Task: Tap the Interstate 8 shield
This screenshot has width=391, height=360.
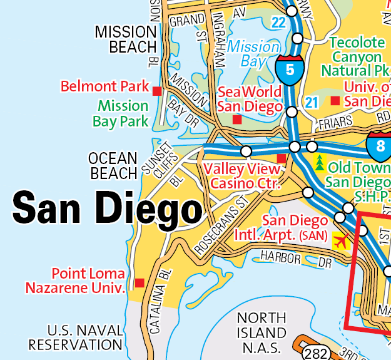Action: coord(380,144)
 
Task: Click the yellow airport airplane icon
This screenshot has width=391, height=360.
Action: coord(340,240)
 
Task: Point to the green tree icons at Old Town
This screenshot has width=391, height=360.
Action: coord(320,162)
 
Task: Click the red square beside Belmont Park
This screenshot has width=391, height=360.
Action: coord(157,91)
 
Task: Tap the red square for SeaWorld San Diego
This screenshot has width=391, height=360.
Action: coord(236,119)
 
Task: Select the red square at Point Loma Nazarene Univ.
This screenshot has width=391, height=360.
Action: coord(139,282)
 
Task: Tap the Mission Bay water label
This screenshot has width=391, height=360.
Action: coord(253,54)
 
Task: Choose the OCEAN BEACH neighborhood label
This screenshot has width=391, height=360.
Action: coord(113,165)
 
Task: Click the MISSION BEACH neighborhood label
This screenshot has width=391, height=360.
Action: coord(124,39)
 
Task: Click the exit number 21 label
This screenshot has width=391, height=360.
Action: coord(311,101)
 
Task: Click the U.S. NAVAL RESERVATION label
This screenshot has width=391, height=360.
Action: coord(75,337)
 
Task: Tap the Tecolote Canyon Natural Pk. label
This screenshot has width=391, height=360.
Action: coord(357,56)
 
